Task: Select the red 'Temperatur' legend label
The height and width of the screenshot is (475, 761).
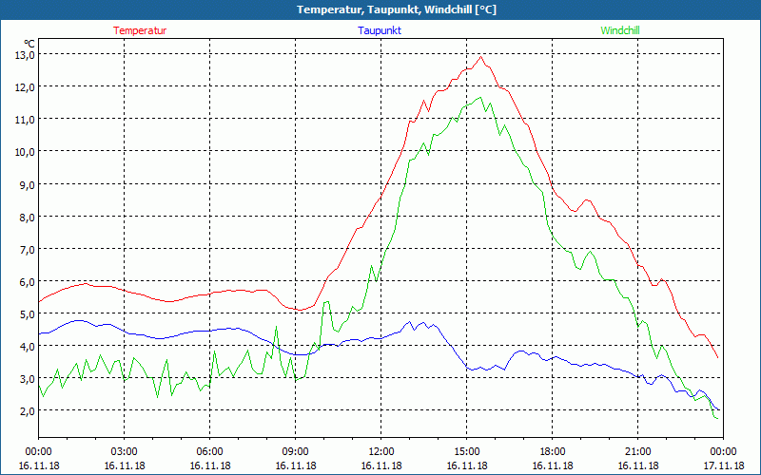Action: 140,30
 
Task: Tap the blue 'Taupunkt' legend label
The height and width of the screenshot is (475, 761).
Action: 380,30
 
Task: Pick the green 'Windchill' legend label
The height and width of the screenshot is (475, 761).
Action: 620,30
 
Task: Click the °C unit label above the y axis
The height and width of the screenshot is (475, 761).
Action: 29,43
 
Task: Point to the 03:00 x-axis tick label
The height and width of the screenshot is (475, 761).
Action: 124,451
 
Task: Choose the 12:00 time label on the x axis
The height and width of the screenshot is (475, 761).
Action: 380,451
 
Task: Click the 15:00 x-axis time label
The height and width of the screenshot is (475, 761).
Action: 466,451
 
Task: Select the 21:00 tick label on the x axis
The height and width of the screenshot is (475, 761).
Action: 637,451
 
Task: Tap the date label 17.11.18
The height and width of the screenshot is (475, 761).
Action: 723,466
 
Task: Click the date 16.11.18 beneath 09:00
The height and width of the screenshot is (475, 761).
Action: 295,466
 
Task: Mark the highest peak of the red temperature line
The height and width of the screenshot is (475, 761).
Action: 481,57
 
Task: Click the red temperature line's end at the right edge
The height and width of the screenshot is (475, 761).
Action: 717,358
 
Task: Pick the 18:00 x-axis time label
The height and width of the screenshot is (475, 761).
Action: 552,451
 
